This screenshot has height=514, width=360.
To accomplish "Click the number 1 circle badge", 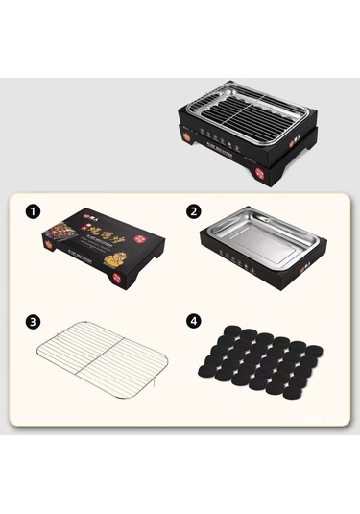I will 35,209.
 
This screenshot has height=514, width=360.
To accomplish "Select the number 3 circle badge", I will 35,321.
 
